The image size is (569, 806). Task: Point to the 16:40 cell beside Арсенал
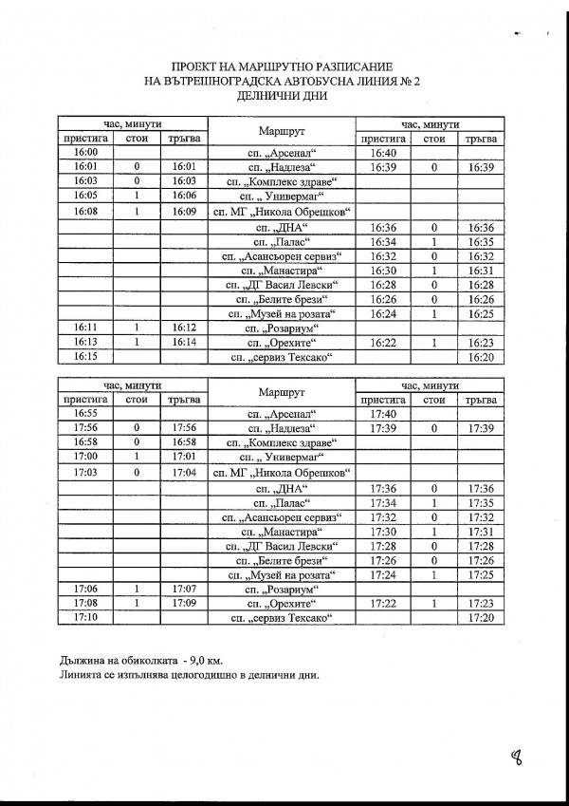click(383, 152)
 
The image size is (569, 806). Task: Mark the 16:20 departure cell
click(483, 356)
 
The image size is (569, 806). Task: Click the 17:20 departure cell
click(483, 619)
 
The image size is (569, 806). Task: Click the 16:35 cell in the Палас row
click(483, 240)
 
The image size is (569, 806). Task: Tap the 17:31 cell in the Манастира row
click(483, 532)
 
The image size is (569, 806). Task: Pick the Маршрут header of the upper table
click(281, 130)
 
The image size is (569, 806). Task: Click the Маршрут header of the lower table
click(281, 393)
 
